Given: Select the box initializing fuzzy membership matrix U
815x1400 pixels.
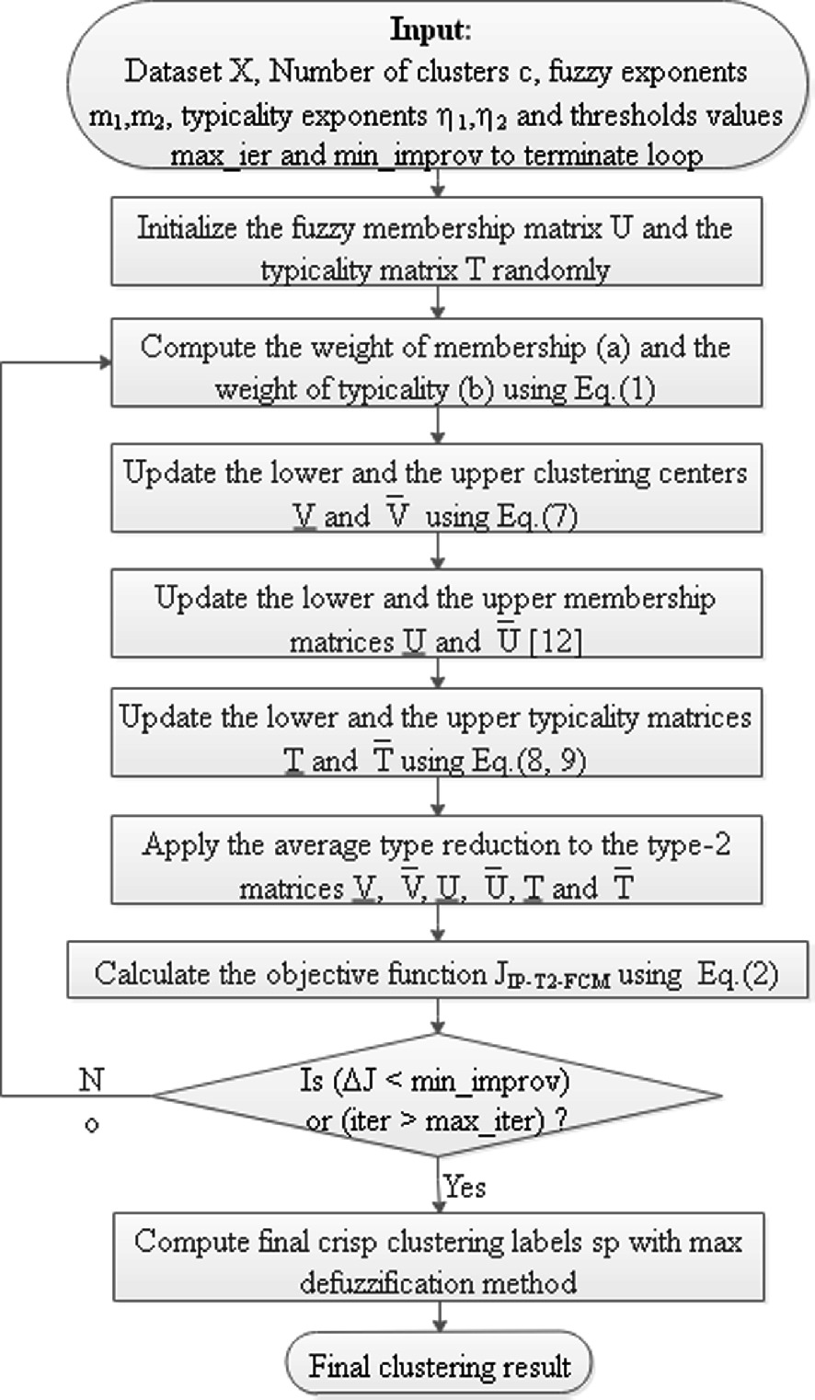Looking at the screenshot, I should point(436,248).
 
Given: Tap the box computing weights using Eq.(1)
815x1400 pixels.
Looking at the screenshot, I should point(436,368).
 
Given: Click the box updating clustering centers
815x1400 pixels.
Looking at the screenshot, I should point(436,494).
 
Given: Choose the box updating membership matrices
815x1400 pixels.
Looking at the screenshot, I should point(436,618).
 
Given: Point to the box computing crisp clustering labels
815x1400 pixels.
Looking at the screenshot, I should point(436,1261).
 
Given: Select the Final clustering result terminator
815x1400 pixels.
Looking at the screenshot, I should point(439,1366).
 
